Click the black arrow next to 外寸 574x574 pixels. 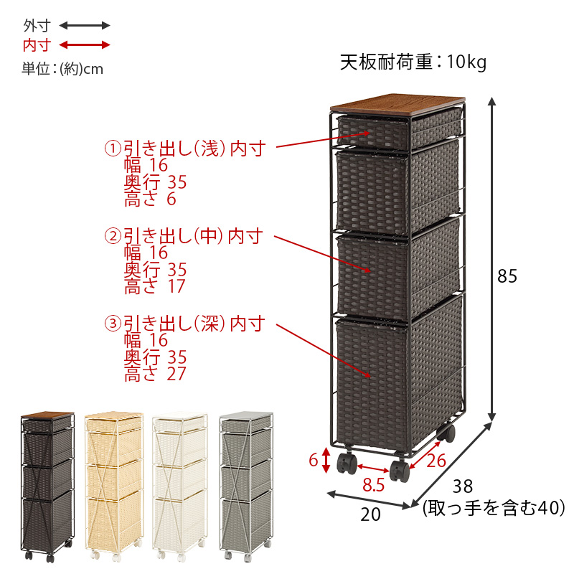(85, 25)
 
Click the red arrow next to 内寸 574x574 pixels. (85, 45)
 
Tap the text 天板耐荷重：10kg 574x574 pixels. (413, 62)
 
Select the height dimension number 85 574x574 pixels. (507, 276)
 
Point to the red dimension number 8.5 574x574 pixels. (373, 485)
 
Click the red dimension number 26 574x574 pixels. (436, 461)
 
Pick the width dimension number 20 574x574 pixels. (370, 514)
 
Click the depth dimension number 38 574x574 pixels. (463, 486)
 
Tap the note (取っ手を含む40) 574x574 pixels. (494, 508)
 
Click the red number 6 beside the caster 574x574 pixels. (314, 460)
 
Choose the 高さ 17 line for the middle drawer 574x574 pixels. (155, 286)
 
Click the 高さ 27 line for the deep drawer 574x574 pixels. (155, 373)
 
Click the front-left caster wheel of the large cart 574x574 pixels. (347, 463)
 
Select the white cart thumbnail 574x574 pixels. (180, 486)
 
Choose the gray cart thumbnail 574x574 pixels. (246, 486)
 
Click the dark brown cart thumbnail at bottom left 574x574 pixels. (47, 486)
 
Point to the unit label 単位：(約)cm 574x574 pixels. (62, 69)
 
